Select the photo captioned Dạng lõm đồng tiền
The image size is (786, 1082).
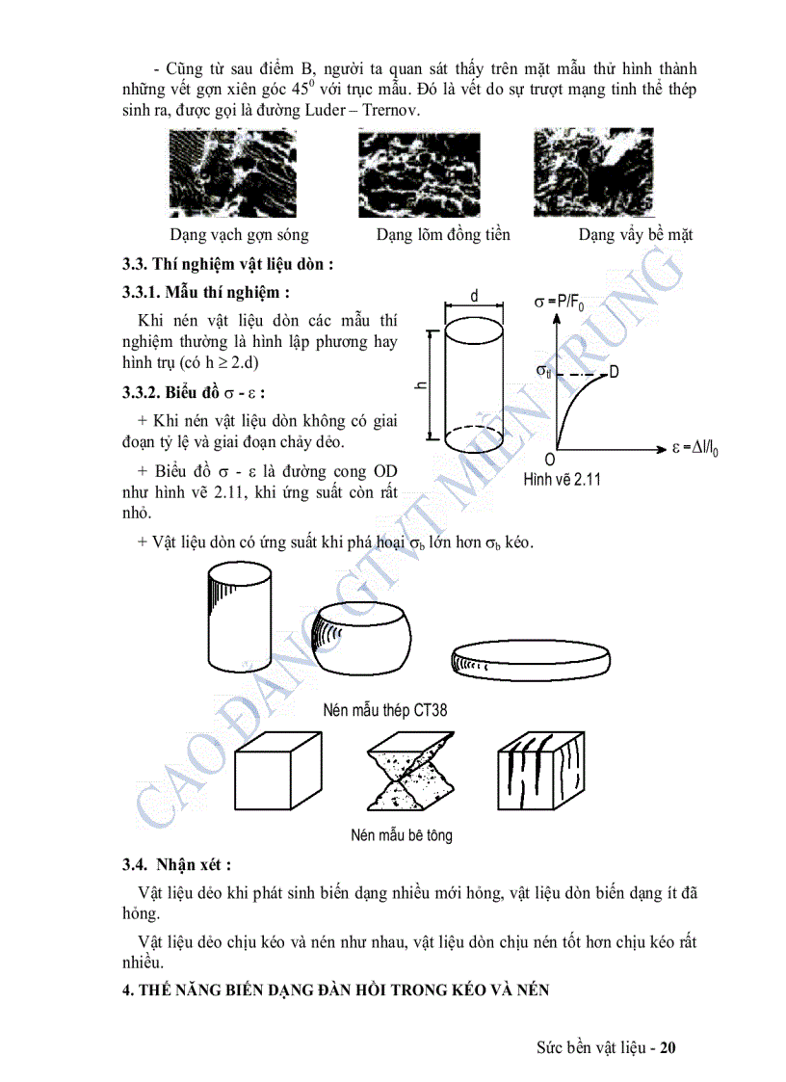point(418,173)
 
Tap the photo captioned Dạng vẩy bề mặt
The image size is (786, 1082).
point(592,173)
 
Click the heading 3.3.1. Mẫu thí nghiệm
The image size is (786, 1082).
point(206,291)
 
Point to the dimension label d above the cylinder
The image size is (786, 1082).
point(474,297)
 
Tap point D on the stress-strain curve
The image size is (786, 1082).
point(614,372)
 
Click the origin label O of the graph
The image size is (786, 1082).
point(550,460)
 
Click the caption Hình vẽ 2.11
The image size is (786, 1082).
point(562,479)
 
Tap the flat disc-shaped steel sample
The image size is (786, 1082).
point(530,658)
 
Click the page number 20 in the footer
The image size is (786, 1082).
point(669,1047)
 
